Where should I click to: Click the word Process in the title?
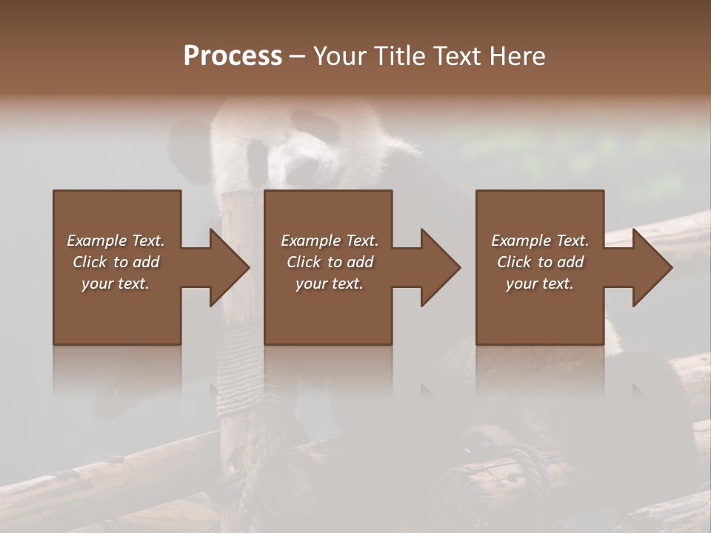point(233,56)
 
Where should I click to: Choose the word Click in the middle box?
point(304,262)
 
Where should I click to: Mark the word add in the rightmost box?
point(568,262)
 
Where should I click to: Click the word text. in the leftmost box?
point(133,284)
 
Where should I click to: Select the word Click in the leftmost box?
point(90,262)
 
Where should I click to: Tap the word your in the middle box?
point(311,284)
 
